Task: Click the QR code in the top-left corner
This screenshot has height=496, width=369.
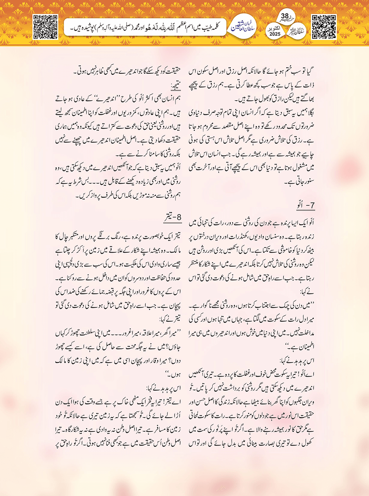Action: pos(45,27)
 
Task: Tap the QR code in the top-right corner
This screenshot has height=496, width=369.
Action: pos(324,27)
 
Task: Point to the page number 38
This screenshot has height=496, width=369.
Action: pos(285,16)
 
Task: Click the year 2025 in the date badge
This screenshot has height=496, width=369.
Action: pos(275,34)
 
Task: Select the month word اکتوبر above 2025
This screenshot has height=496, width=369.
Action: pos(274,28)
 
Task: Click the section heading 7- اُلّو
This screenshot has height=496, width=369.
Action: pos(305,205)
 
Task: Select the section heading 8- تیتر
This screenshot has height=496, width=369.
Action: pos(173,217)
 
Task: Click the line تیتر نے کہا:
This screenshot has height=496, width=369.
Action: pos(170,319)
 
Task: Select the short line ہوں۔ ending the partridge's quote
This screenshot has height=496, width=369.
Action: pos(173,374)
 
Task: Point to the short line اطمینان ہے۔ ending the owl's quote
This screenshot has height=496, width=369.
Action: pos(302,347)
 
